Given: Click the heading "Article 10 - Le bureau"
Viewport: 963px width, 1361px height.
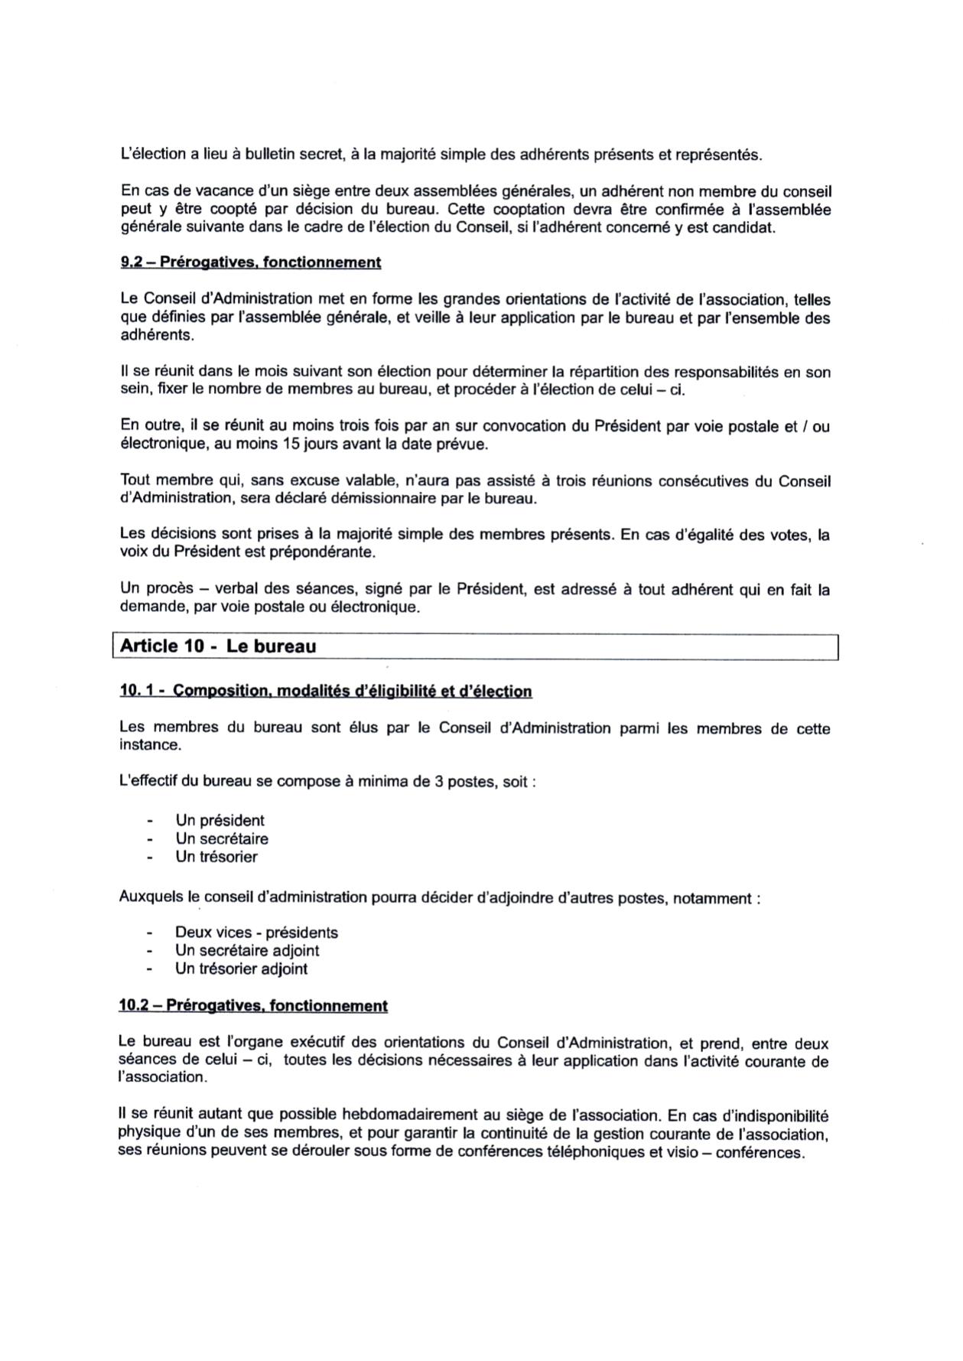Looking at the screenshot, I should [218, 646].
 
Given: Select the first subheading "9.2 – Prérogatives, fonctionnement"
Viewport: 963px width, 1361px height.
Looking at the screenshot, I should [250, 262].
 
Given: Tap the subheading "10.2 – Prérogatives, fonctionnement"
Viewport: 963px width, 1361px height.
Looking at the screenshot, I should [253, 1005].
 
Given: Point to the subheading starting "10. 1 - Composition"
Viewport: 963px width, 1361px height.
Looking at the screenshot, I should [325, 692].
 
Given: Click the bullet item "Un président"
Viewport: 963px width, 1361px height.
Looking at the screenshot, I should [220, 820].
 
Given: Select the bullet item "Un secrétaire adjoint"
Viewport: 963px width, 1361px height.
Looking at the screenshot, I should [247, 950].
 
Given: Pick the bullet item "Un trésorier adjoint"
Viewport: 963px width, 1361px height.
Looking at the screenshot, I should [241, 969].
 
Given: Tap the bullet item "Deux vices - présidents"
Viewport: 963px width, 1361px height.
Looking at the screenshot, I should [256, 933].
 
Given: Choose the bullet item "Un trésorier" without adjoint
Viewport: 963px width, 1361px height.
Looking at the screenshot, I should [216, 857].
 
